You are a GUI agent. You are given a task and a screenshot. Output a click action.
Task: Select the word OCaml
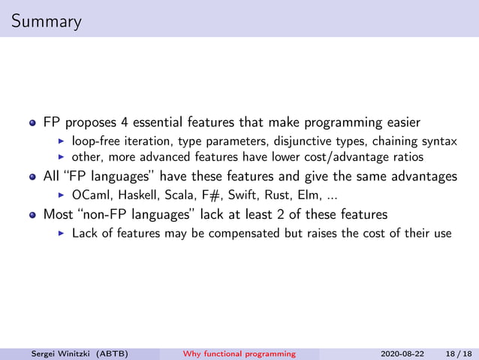(89, 195)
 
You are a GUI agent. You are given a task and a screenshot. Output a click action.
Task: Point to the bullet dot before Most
(32, 214)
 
